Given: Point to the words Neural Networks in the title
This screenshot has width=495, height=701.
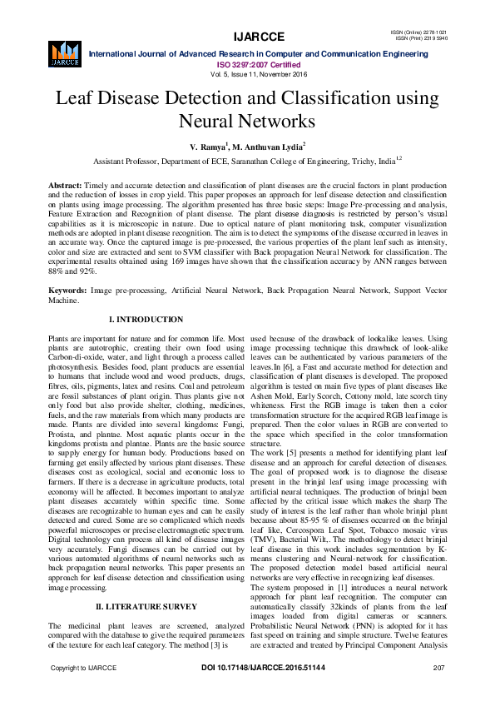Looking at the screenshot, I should point(247,121).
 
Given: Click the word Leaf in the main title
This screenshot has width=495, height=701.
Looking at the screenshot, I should point(73,98).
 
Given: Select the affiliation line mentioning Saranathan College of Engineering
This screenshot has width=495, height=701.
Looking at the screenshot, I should point(247,160).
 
